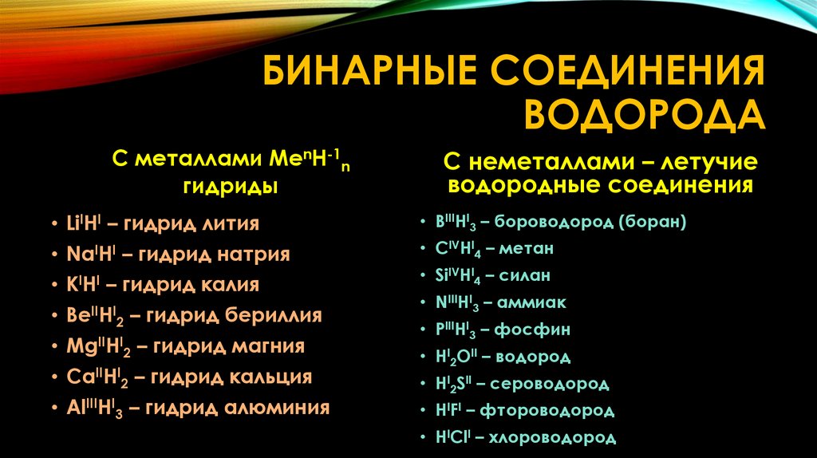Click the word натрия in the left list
click(252, 255)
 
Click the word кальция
click(275, 377)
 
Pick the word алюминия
click(288, 408)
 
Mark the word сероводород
click(551, 384)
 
